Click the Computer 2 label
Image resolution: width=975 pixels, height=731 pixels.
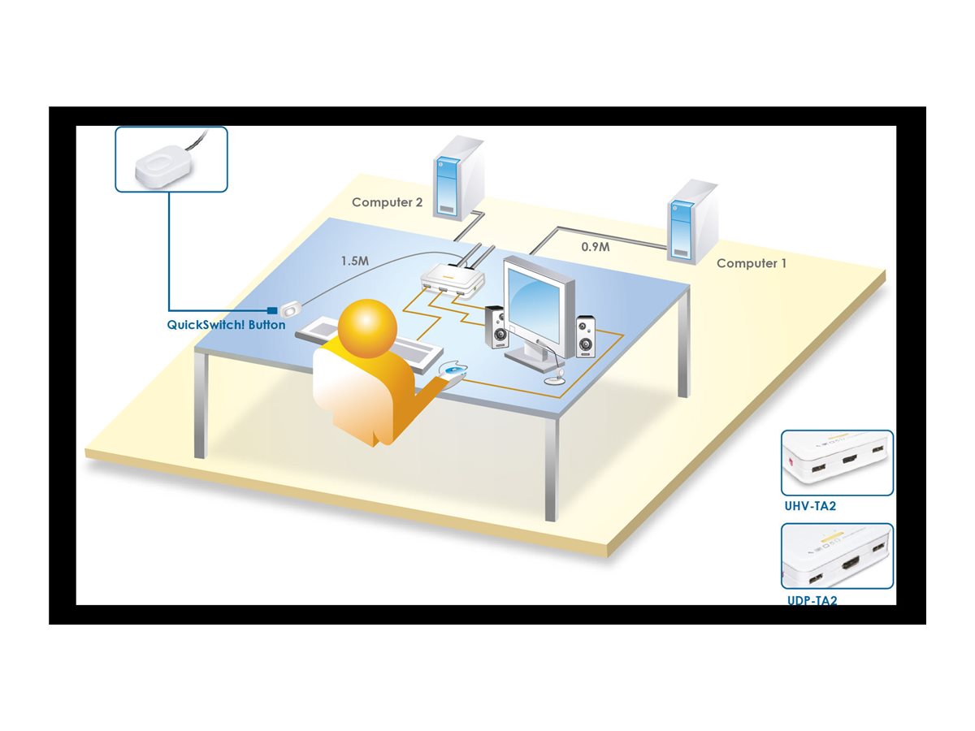(x=387, y=202)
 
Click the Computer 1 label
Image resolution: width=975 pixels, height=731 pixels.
(x=751, y=263)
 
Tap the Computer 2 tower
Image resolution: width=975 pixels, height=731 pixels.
(x=458, y=180)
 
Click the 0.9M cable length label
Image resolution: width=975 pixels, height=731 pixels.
(x=595, y=247)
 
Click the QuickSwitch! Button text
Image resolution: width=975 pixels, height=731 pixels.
(x=226, y=325)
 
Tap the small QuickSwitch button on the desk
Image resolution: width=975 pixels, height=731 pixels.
(x=291, y=309)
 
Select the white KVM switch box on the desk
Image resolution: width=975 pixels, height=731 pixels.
(x=453, y=279)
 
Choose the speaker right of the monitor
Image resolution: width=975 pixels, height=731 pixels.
(x=586, y=336)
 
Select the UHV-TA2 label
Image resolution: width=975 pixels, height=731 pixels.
(x=809, y=505)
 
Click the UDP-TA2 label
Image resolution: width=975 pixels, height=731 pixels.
(x=812, y=600)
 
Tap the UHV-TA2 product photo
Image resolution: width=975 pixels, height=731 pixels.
(x=837, y=463)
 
